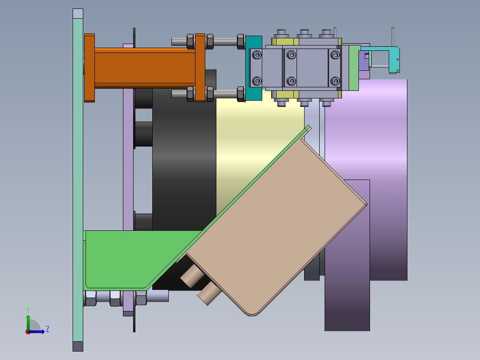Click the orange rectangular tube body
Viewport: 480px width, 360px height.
[144, 68]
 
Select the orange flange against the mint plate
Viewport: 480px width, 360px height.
[89, 68]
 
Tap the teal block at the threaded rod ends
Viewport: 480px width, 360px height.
[254, 68]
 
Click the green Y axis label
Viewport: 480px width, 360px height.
[28, 310]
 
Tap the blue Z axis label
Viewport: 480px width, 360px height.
[48, 329]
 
